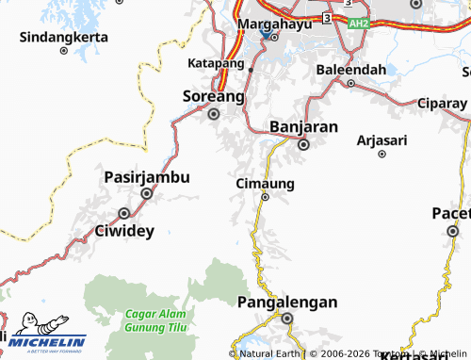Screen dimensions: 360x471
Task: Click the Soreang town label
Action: pos(213,96)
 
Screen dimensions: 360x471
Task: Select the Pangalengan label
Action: pos(287,303)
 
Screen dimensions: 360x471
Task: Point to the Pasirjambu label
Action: pos(146,176)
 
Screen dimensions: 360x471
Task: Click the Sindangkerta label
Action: pos(63,39)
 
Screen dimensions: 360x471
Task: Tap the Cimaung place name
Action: pos(266,183)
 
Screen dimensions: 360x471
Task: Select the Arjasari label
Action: pos(383,139)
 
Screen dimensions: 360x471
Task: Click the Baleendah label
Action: pos(350,70)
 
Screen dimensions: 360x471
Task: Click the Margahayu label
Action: pos(271,22)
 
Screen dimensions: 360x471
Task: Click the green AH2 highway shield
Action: pos(356,24)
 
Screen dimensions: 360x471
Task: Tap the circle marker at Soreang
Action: pos(214,114)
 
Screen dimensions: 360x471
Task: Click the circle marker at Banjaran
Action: pos(304,145)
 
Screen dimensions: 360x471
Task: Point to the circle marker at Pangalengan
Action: pos(287,319)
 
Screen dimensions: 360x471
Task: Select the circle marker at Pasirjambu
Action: pos(146,193)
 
